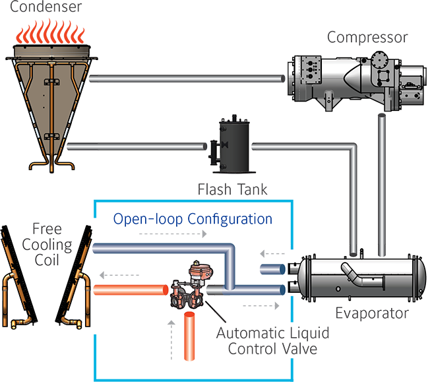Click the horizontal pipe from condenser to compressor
pyautogui.click(x=191, y=79)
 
